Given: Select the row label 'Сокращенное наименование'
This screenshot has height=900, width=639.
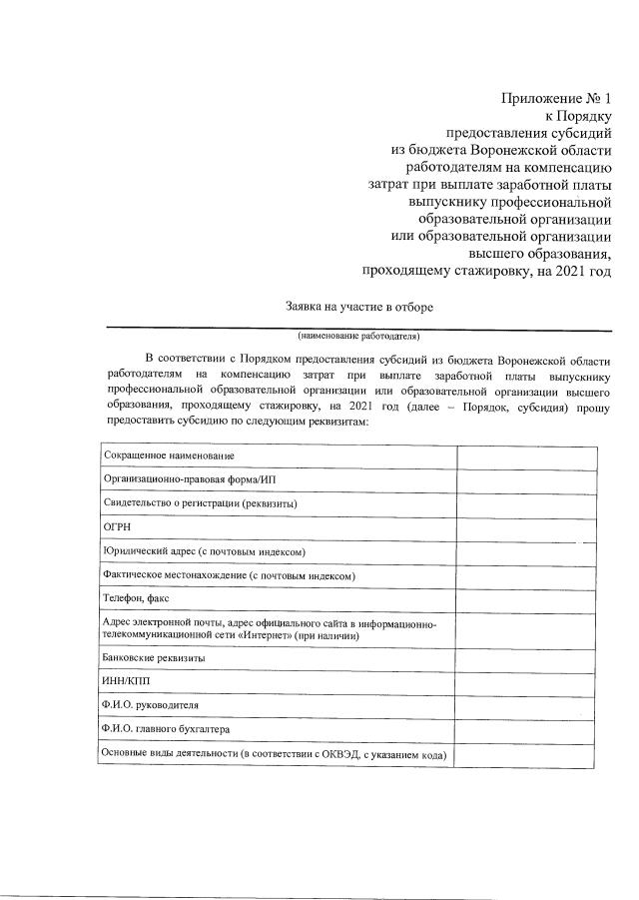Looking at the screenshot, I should [169, 455].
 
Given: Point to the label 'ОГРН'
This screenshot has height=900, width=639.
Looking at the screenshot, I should [117, 527].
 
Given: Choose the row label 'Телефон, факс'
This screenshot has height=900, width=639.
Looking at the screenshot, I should [137, 598].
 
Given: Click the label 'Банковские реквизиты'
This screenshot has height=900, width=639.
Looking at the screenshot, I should [155, 659].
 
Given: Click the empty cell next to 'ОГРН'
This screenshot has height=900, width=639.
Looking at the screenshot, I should [526, 527].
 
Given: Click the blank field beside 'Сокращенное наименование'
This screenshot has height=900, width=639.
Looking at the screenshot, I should [526, 455].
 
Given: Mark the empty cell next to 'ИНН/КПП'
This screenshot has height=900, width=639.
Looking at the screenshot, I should [526, 682].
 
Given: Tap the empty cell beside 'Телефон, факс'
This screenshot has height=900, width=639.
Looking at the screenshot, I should [526, 598].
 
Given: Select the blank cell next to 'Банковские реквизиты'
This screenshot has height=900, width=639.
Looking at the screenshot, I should [526, 659].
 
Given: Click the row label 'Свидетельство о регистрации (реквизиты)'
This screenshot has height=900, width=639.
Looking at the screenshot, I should [201, 503].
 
